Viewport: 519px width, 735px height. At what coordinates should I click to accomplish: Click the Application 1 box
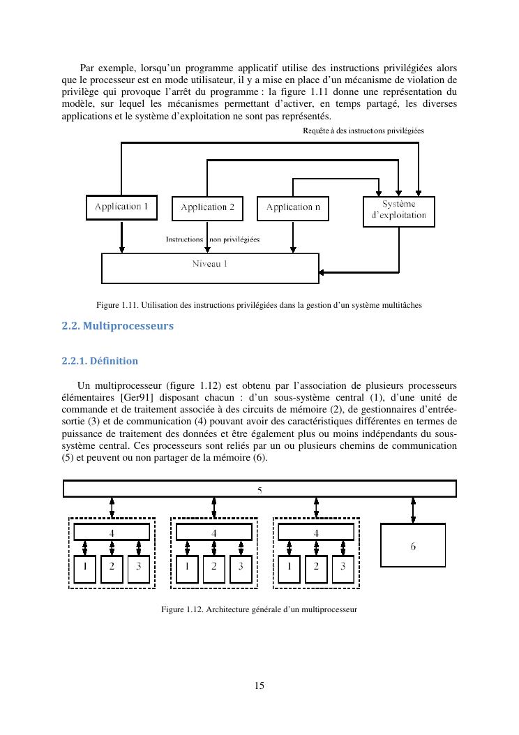click(x=121, y=207)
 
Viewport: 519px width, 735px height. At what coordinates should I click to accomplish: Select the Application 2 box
click(x=207, y=208)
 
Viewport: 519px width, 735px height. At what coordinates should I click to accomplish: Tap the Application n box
click(x=293, y=208)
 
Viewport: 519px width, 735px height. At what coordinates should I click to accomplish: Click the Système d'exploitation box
click(x=399, y=211)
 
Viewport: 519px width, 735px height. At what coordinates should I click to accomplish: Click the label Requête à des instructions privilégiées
click(x=363, y=131)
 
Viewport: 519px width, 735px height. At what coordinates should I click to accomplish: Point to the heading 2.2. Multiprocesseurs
click(x=117, y=326)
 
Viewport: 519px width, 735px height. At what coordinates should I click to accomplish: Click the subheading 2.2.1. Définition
click(x=100, y=361)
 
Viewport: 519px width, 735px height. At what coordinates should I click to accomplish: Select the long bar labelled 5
click(x=259, y=489)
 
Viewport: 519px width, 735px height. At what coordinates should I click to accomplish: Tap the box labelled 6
click(x=413, y=545)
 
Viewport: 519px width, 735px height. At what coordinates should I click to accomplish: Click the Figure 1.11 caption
click(x=259, y=305)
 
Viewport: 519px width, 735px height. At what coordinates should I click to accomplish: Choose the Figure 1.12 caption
click(x=259, y=609)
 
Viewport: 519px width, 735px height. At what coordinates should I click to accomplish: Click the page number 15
click(x=259, y=685)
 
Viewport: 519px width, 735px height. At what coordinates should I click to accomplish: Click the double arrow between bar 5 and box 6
click(x=413, y=510)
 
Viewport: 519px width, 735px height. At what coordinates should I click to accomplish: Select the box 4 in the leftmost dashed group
click(x=112, y=532)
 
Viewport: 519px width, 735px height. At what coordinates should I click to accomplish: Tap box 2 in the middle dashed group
click(x=214, y=567)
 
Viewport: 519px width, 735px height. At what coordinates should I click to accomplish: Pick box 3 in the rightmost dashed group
click(x=343, y=567)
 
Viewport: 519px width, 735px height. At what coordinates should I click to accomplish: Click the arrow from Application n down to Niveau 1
click(x=293, y=237)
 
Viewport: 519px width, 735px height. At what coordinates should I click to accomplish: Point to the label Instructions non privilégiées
click(x=213, y=239)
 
